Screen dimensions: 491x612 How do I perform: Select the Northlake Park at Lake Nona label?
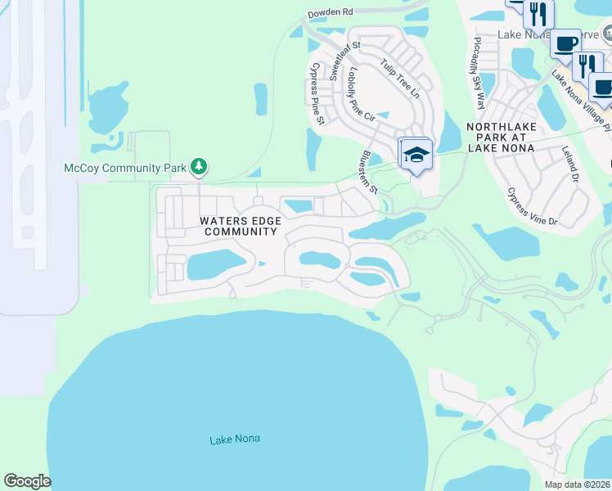[x=500, y=137]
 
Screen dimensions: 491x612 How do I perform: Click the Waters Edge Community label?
[x=241, y=226]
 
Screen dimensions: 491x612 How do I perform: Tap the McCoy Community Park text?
[x=125, y=168]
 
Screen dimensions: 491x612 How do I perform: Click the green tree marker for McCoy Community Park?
[x=198, y=166]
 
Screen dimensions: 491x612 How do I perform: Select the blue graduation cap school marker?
[x=416, y=155]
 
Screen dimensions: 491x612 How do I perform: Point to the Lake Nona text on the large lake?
[x=235, y=439]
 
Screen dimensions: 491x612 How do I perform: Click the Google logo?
[x=27, y=481]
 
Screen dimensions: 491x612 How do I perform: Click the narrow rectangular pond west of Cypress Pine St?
[x=261, y=99]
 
